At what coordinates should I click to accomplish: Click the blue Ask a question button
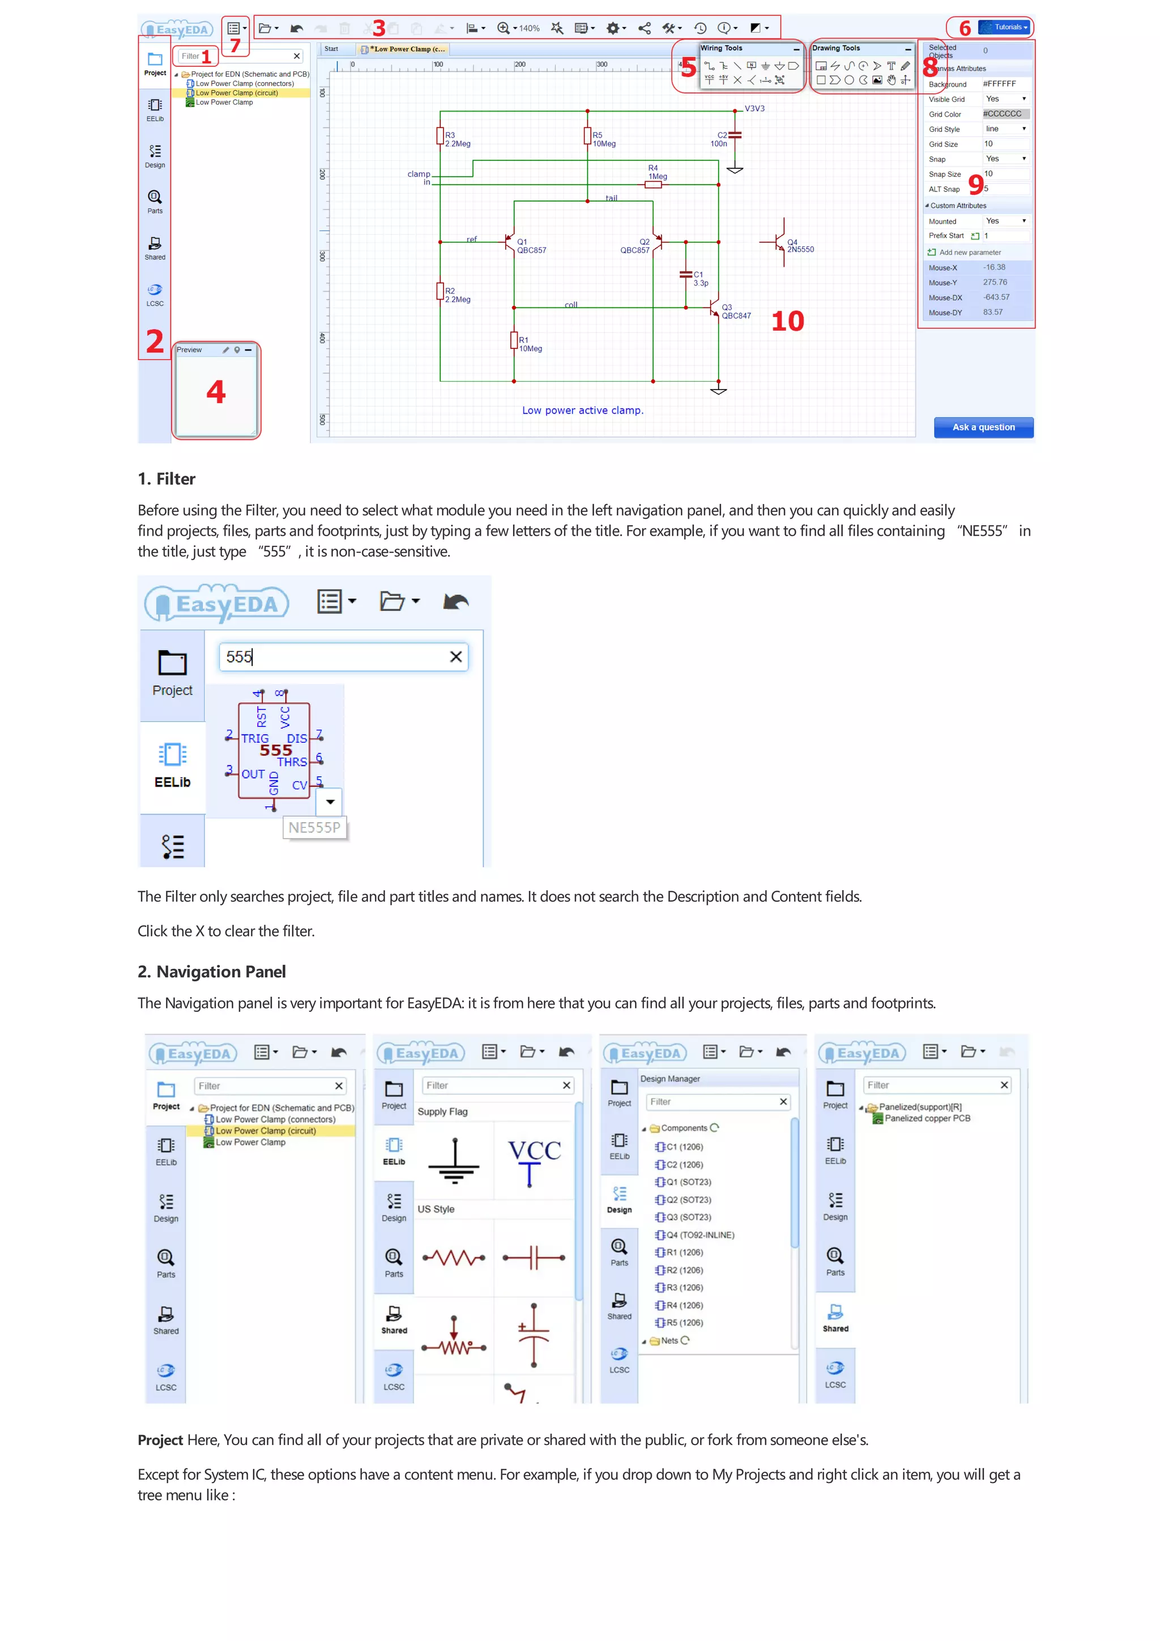pos(983,427)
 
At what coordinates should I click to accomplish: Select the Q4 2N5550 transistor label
pos(800,246)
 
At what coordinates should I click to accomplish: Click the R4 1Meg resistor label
pos(656,172)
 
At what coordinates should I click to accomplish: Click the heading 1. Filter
pos(167,479)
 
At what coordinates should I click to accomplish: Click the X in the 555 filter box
pos(455,657)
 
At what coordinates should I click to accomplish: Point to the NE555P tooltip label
pos(314,828)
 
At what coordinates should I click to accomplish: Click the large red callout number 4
pos(216,392)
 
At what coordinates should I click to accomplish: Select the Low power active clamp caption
pos(582,410)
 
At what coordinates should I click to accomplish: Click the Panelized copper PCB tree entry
pos(927,1118)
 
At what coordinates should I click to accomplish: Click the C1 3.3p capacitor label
pos(700,279)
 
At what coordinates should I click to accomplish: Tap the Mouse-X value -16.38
pos(994,267)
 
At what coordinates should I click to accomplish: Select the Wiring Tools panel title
pos(721,48)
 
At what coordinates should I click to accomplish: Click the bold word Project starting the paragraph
pos(160,1440)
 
